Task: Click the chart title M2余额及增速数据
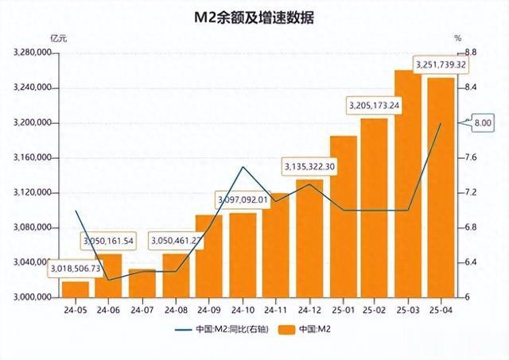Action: (254, 17)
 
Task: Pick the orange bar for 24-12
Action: (309, 238)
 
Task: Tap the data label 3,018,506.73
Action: (76, 269)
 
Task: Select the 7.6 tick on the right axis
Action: (471, 157)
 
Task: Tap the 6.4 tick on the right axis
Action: (471, 262)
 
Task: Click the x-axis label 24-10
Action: (243, 309)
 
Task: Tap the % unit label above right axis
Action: (457, 37)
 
